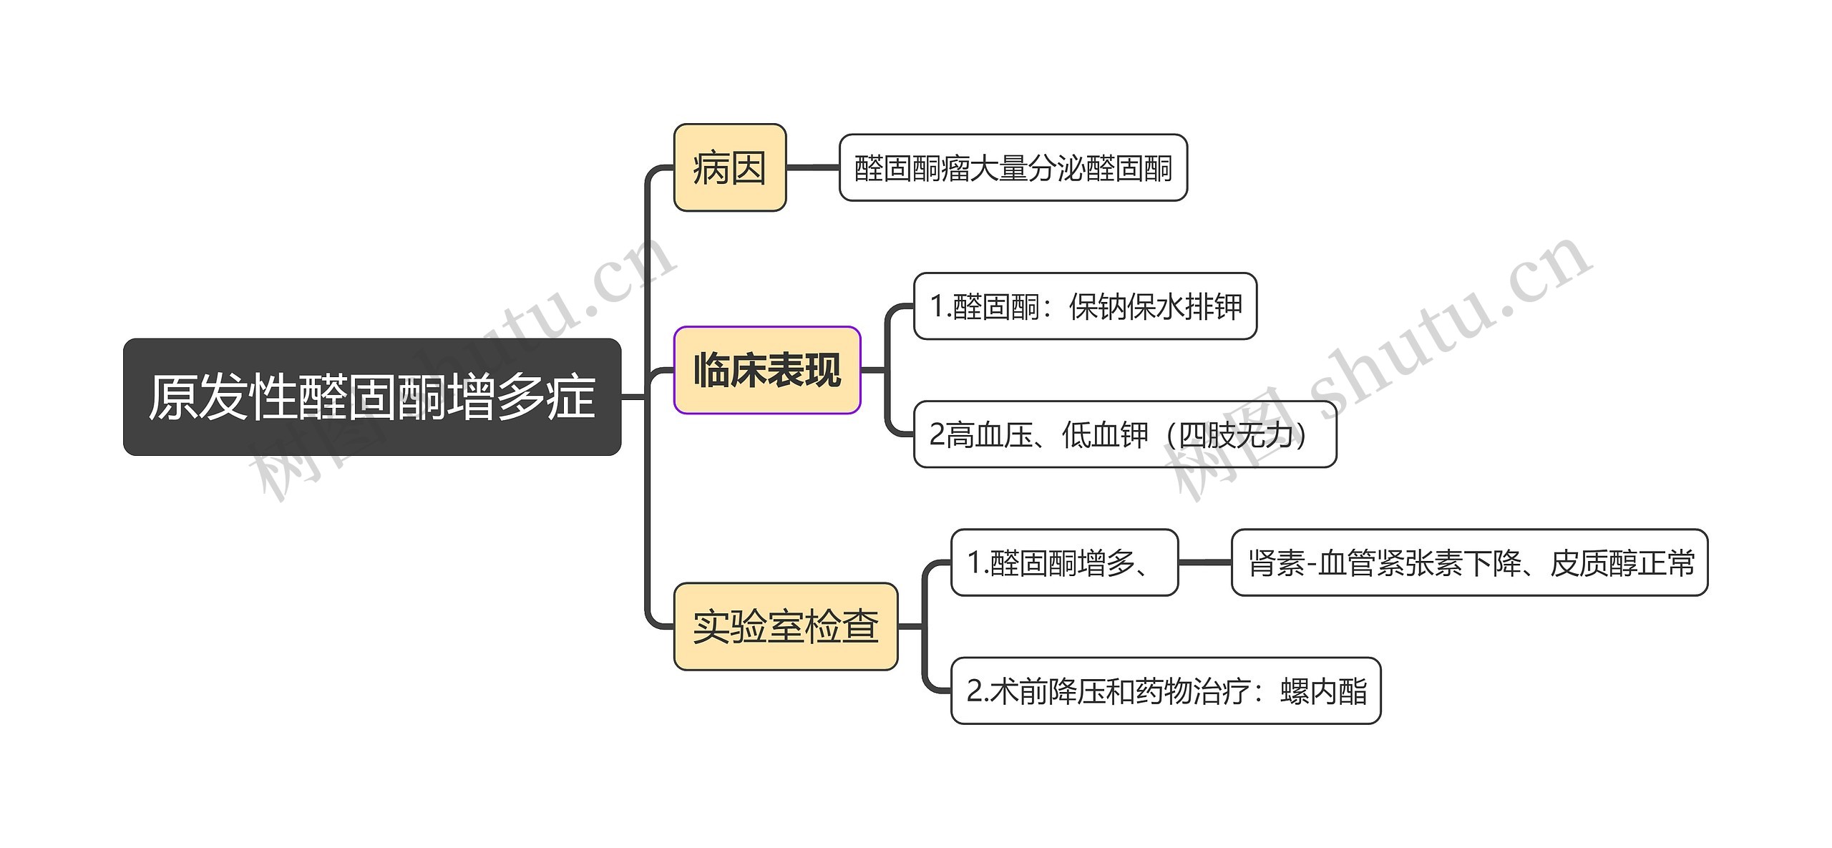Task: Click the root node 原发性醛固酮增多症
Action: point(372,396)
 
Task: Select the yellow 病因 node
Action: point(730,167)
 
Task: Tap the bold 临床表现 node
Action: point(767,370)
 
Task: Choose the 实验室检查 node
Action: point(786,626)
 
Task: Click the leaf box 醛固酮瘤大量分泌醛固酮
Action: point(1013,167)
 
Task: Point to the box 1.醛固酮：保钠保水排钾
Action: point(1086,306)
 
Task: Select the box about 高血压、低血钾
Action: point(1125,434)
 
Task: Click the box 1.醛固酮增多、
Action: point(1065,562)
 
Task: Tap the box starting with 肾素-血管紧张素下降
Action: point(1470,562)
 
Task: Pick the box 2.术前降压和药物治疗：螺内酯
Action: point(1166,691)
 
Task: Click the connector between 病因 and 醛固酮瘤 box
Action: point(813,167)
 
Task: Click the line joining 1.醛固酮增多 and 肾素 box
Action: point(1205,562)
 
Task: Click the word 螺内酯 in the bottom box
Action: point(1324,691)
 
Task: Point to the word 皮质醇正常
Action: point(1622,563)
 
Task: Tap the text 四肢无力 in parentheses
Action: point(1236,435)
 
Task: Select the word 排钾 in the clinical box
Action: point(1214,307)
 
